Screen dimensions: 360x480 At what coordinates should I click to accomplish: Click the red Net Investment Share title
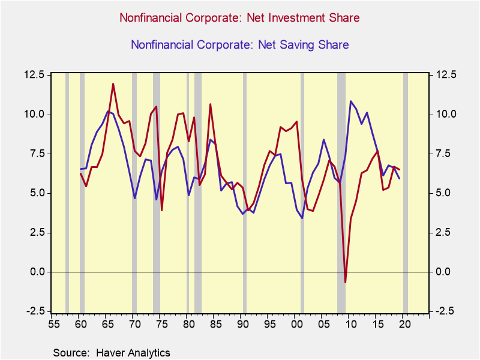click(x=239, y=18)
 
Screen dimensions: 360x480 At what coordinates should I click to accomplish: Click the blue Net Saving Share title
click(x=239, y=44)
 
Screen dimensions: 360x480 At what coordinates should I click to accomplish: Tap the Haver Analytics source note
click(x=112, y=353)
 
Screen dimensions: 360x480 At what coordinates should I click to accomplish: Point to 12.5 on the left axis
click(x=34, y=75)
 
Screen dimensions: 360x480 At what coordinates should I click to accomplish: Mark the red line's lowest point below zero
click(x=345, y=282)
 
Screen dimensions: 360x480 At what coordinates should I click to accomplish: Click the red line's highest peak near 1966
click(x=113, y=84)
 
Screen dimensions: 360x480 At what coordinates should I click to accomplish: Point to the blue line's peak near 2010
click(x=350, y=101)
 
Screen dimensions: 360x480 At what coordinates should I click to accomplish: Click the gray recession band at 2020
click(x=406, y=192)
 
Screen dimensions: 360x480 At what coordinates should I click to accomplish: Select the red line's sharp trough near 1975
click(x=161, y=210)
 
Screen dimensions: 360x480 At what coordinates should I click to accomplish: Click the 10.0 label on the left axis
click(x=34, y=114)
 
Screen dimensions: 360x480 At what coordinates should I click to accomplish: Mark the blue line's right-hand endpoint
click(x=400, y=178)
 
